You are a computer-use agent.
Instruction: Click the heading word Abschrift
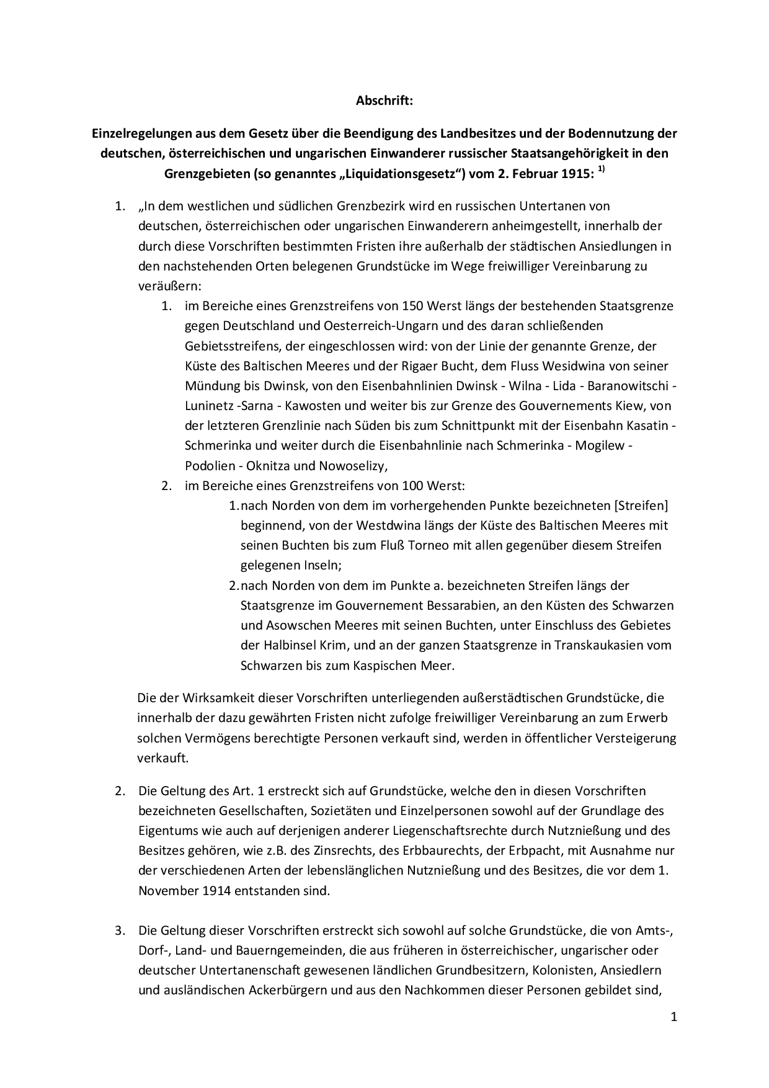tap(384, 100)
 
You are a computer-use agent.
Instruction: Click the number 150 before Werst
tap(413, 306)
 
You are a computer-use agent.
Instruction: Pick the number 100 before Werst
tap(413, 486)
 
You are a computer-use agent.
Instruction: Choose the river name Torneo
tap(457, 545)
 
